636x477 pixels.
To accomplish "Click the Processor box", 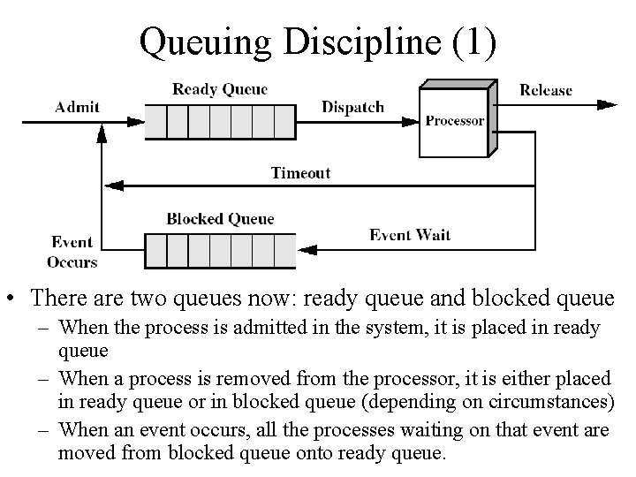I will point(454,121).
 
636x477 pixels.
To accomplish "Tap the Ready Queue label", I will point(219,88).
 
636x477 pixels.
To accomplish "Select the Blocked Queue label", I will point(220,218).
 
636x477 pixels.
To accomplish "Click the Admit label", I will point(77,107).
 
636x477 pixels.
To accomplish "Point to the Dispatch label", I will point(352,107).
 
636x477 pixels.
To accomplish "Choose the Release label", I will point(545,89).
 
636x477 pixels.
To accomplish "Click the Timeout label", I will point(300,172).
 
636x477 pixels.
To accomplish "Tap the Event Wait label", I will point(409,234).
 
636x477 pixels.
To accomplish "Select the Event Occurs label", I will point(72,252).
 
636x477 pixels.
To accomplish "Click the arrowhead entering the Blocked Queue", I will point(306,250).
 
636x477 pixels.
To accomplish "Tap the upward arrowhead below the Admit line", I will point(102,132).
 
